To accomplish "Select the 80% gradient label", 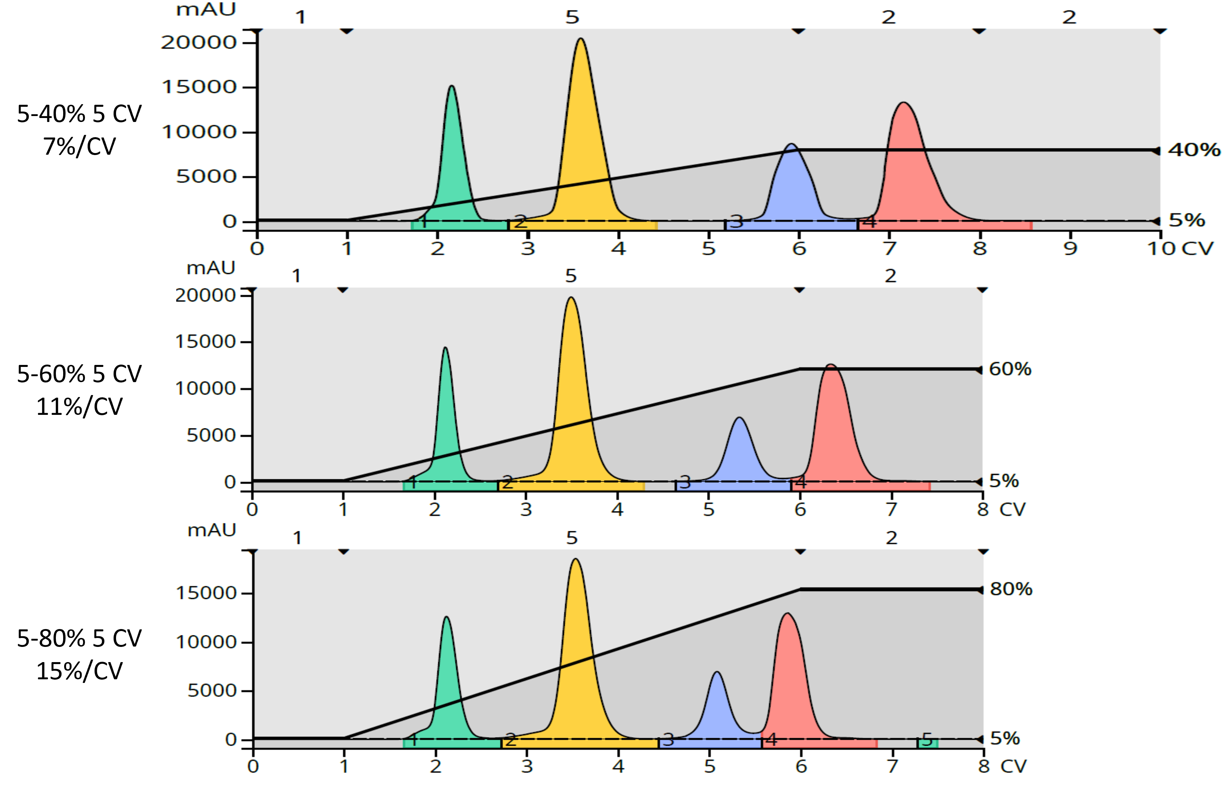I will [1011, 589].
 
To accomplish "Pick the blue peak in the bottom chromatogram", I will [717, 705].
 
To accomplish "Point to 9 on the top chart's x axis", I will [1070, 249].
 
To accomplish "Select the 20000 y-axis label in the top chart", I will [198, 42].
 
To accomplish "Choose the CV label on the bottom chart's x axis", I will [1013, 766].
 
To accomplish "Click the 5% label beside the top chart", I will [1186, 220].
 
